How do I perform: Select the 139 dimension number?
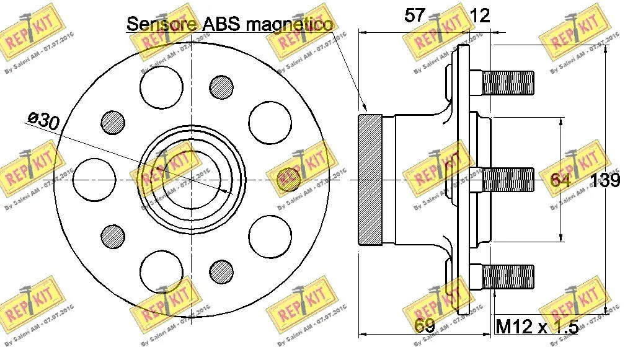[605, 180]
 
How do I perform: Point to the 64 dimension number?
[560, 180]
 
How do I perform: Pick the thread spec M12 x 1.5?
[537, 326]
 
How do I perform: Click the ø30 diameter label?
[43, 120]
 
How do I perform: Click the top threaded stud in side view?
[507, 83]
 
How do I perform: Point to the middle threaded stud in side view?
[507, 180]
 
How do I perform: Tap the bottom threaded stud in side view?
[507, 276]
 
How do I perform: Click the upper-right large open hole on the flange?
[269, 122]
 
